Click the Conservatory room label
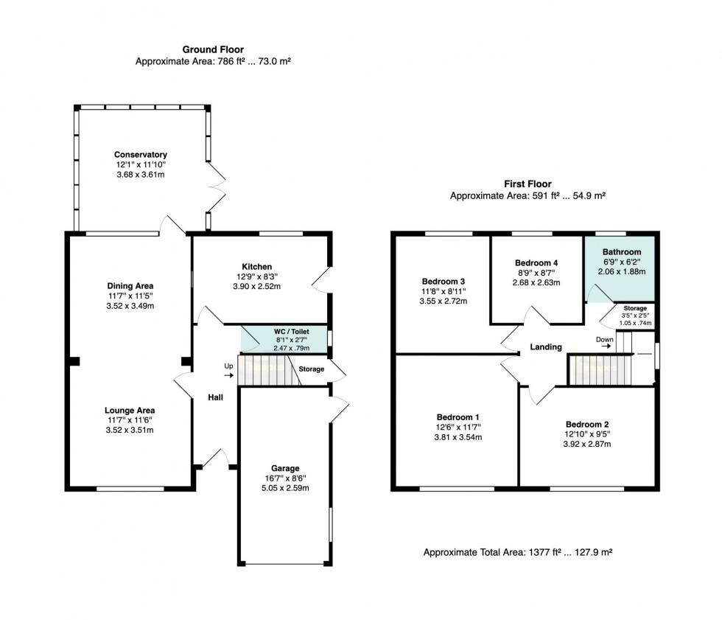click(141, 155)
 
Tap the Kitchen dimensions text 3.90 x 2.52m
click(256, 287)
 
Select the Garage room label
click(285, 468)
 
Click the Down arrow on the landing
click(606, 346)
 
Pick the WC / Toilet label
click(292, 332)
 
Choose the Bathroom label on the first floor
click(622, 252)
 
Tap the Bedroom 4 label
click(536, 263)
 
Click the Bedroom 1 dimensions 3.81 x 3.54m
click(458, 438)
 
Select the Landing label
click(546, 347)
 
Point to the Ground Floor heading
click(213, 49)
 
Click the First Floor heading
click(528, 184)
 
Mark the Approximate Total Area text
click(518, 552)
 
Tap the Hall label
click(215, 397)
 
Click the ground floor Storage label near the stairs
click(311, 369)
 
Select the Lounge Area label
click(130, 411)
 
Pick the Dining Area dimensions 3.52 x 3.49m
click(130, 306)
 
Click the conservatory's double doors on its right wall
click(217, 187)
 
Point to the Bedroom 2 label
click(587, 425)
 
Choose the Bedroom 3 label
click(444, 282)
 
